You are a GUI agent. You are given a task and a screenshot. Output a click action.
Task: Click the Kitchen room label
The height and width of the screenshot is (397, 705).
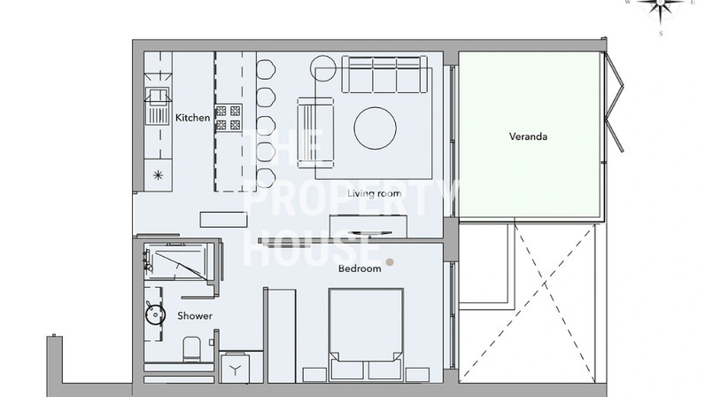pos(192,118)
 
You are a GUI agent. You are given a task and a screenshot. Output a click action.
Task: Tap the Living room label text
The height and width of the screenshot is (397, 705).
pos(374,193)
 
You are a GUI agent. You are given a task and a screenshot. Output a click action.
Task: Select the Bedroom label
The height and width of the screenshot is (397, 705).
pos(360,269)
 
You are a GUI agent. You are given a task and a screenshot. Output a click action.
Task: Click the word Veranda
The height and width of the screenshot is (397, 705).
pos(528,136)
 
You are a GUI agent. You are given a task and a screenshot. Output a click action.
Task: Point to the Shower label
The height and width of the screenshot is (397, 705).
pos(195,316)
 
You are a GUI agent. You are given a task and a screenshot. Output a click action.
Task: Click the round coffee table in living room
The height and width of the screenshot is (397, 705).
pos(375,128)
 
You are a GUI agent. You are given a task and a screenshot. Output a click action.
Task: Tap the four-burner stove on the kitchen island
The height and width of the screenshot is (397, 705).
pos(229,118)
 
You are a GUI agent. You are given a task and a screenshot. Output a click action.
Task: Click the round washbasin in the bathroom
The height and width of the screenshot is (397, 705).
pos(156,315)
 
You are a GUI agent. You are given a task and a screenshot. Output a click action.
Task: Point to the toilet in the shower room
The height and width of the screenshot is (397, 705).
pos(192,349)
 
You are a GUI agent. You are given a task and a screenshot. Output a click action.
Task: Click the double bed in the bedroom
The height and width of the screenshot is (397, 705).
pos(366,334)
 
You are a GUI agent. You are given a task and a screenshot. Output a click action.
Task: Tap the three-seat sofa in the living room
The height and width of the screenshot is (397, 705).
pos(384,74)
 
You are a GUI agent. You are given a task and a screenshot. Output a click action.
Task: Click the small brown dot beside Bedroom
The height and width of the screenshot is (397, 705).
pos(390,262)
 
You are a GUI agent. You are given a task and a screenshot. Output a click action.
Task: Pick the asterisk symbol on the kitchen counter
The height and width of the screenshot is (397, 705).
pos(158,175)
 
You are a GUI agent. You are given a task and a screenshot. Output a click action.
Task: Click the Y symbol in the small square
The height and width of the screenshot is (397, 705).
pos(236,370)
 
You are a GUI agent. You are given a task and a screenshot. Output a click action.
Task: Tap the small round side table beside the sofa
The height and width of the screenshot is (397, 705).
pos(322,68)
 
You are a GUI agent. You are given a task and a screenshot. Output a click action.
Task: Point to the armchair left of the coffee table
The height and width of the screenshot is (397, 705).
pos(315,132)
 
